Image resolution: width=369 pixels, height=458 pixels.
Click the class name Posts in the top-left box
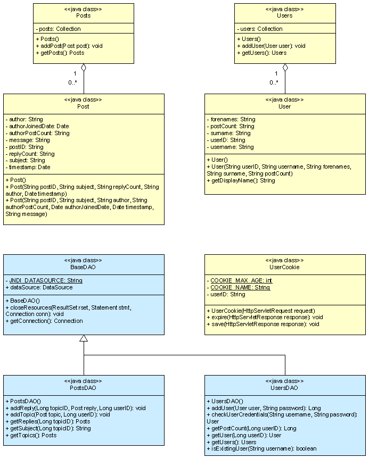[x=84, y=15]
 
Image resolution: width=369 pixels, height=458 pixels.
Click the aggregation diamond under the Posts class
[x=84, y=68]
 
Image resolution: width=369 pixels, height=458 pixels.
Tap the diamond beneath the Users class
[x=285, y=68]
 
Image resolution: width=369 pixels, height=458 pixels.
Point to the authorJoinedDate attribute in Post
[x=37, y=126]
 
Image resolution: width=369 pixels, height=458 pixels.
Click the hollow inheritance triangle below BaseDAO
[x=84, y=338]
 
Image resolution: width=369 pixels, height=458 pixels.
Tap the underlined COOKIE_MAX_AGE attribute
[x=239, y=280]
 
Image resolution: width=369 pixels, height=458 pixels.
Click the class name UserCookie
[x=285, y=267]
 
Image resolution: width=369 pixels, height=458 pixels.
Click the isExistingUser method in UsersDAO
[x=261, y=448]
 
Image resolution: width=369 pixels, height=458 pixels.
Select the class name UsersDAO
[x=285, y=388]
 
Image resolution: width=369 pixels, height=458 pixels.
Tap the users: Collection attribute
[x=260, y=29]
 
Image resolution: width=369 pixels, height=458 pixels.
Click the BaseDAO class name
[x=84, y=267]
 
